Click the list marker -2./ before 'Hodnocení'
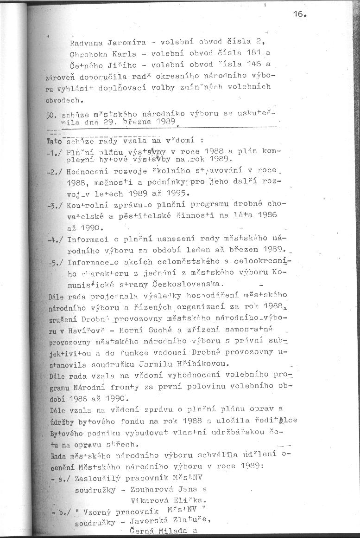56,173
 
